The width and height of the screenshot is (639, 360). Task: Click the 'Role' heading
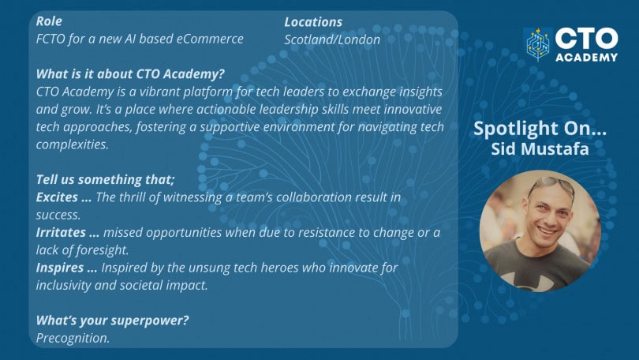49,21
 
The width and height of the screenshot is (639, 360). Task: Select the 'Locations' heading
313,22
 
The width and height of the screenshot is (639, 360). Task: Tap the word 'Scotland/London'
332,39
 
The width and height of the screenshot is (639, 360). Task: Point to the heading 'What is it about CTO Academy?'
130,73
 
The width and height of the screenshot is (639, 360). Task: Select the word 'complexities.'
72,144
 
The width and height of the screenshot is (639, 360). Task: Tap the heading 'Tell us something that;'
105,179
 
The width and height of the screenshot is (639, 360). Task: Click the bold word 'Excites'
57,197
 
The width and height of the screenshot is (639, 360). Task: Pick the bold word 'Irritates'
61,232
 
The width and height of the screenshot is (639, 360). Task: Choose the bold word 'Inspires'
60,268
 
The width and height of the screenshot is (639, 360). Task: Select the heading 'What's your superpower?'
113,321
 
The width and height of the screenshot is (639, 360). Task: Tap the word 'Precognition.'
73,338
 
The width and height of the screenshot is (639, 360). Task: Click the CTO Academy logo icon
537,44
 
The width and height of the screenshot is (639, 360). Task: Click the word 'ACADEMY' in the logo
586,58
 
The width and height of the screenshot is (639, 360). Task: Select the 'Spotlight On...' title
540,129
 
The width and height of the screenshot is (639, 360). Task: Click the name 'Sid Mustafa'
540,148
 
